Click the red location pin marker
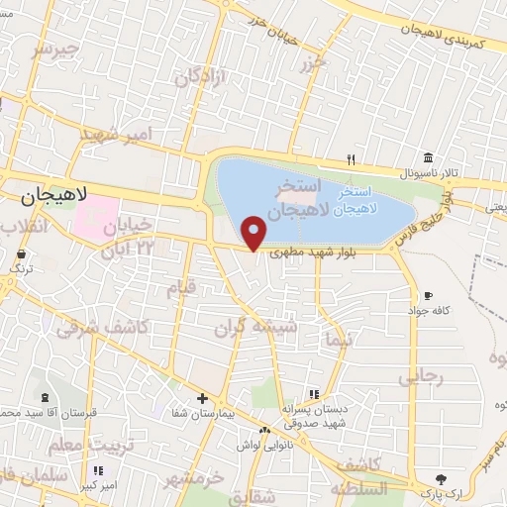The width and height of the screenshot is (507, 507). pos(254,233)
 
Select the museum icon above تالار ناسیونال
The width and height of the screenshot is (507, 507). pos(427,158)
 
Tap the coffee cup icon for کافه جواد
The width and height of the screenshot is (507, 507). pos(428,295)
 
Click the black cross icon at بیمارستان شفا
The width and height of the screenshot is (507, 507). pos(203,398)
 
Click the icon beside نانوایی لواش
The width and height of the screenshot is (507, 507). pos(264,431)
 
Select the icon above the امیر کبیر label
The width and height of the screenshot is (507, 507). pos(97,470)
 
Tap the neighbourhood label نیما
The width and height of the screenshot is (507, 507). pos(340,341)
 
